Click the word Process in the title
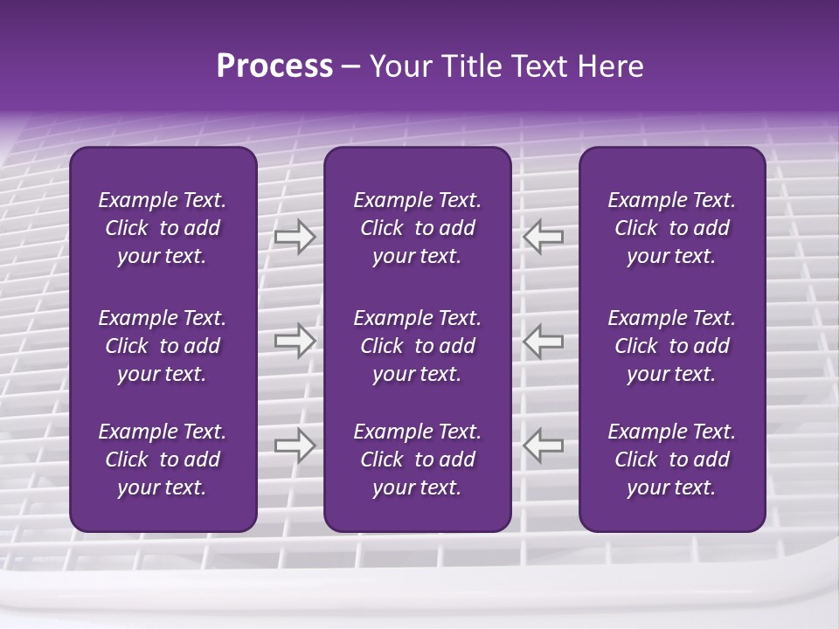coord(274,66)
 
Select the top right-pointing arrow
coord(295,237)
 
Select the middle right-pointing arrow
coord(295,342)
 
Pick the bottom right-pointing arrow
coord(295,446)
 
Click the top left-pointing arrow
coord(543,237)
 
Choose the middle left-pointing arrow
coord(543,342)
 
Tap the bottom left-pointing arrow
coord(543,446)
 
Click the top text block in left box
coord(163,228)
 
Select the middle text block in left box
coord(163,346)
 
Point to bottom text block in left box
coord(163,460)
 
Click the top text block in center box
coord(417,228)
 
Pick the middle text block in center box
coord(417,346)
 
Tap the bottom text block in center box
coord(417,460)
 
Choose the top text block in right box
coord(671,228)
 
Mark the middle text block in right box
coord(671,346)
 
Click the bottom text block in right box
coord(671,460)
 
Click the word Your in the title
coord(399,66)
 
